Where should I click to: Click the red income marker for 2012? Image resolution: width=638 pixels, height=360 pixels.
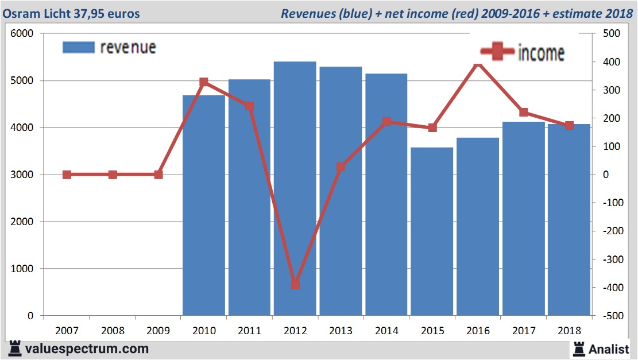tap(295, 284)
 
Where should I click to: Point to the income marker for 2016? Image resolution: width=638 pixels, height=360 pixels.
tap(478, 64)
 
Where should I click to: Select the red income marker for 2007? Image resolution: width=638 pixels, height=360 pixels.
tap(67, 175)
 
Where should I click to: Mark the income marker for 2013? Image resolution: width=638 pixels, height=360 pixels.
tap(341, 167)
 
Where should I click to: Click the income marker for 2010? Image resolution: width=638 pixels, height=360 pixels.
tap(204, 83)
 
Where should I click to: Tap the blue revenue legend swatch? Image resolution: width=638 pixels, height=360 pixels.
tap(78, 48)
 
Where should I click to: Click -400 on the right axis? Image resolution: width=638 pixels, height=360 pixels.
tap(612, 288)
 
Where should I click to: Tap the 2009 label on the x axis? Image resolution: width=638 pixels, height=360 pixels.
tap(158, 331)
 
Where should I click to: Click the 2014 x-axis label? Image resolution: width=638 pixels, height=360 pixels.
tap(386, 331)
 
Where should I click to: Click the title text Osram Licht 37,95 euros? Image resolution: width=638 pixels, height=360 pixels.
tap(71, 13)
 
